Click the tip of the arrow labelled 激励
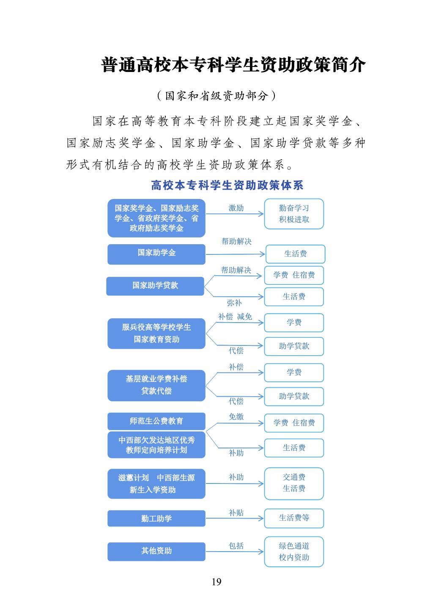click(263, 214)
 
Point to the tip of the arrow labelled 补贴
click(263, 518)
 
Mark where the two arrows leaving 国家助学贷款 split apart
click(205, 287)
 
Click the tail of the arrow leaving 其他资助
click(206, 552)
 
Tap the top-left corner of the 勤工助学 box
click(108, 511)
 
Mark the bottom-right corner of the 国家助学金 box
click(205, 264)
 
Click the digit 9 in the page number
click(219, 582)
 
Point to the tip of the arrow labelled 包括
click(263, 552)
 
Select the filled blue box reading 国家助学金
click(156, 254)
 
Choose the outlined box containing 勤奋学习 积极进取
click(294, 214)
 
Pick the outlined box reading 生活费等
click(294, 518)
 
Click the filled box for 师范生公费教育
click(156, 421)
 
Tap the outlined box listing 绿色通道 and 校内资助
click(294, 552)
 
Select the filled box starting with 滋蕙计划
click(156, 483)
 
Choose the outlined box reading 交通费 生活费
click(294, 483)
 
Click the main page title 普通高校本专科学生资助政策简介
click(233, 65)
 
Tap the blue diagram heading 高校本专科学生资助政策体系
click(227, 185)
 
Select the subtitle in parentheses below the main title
click(216, 96)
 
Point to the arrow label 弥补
click(234, 303)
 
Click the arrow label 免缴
click(236, 417)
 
